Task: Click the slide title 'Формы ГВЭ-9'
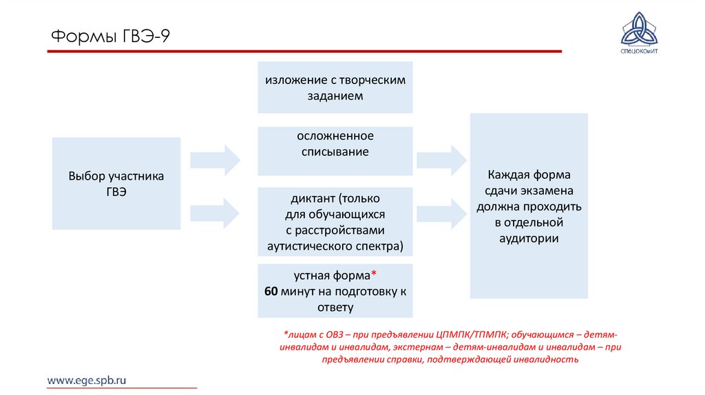point(110,36)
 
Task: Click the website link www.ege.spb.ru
point(87,380)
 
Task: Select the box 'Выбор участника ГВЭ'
point(116,183)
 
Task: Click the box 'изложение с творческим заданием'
point(335,88)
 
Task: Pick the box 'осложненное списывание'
point(335,151)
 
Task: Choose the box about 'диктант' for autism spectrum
point(335,221)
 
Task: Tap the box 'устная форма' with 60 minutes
point(335,291)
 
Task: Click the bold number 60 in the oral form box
point(271,291)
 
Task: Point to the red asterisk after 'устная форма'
point(374,275)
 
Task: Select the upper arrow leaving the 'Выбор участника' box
point(215,160)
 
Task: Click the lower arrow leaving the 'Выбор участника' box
point(215,212)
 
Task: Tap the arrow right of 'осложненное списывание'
point(441,160)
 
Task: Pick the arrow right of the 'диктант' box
point(441,212)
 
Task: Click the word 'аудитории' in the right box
point(529,238)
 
